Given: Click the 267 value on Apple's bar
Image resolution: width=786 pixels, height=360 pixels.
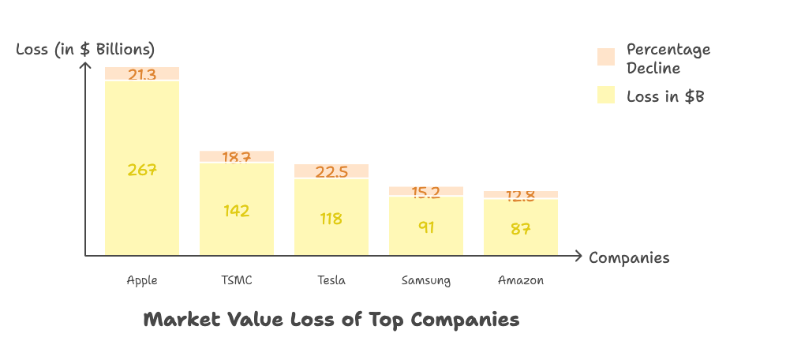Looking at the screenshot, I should click(142, 169).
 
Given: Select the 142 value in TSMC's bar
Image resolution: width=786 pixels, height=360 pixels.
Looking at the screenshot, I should click(236, 210).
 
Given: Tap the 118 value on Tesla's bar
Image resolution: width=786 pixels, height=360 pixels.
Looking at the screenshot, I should click(331, 219).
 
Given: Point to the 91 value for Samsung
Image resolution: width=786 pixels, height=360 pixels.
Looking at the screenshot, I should click(425, 227).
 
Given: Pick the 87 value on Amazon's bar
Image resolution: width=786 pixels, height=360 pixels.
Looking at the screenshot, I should click(520, 229).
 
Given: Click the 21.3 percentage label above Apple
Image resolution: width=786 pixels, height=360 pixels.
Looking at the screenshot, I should click(142, 75).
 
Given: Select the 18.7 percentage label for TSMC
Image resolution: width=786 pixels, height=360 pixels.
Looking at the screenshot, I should click(236, 157).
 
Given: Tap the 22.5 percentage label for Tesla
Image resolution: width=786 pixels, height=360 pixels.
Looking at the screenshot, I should click(331, 171).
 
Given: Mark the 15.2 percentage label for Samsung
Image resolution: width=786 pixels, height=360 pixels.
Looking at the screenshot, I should click(425, 192).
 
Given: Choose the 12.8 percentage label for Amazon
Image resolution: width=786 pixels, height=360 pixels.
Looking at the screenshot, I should click(520, 196).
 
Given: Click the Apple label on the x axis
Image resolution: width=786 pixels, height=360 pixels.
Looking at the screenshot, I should click(142, 280).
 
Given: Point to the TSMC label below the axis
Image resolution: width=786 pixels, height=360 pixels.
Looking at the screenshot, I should click(236, 280).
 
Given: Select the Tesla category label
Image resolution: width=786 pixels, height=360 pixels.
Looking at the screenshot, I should click(331, 280).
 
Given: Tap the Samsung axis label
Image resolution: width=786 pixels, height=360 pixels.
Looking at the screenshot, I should click(425, 280).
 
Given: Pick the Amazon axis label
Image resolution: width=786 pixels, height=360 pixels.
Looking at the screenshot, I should click(520, 280).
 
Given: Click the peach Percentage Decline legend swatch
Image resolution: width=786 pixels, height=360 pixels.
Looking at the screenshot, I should click(606, 57).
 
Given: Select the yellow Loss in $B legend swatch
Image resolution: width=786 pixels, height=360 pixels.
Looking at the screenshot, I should click(606, 96).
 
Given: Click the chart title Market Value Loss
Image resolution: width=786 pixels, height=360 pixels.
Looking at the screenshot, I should click(331, 320).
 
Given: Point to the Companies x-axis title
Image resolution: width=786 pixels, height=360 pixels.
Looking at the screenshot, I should click(629, 257).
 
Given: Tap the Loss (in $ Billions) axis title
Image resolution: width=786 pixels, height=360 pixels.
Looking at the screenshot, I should click(85, 49).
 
